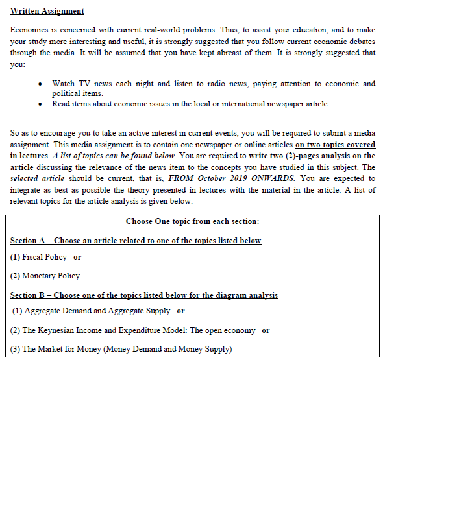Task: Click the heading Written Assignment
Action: pos(47,12)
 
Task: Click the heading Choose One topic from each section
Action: pos(192,221)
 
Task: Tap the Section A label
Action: pos(29,241)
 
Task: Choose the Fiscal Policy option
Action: pos(44,257)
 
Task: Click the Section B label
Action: pos(29,295)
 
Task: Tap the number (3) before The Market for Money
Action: pos(15,349)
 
